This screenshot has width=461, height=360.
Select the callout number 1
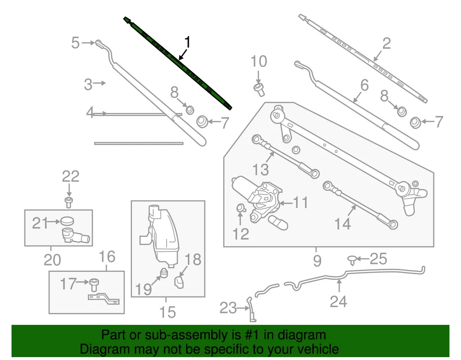pos(187,42)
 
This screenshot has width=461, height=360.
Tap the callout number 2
pos(386,43)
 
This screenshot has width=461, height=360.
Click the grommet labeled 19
pos(163,274)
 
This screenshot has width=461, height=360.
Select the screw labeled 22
pos(69,201)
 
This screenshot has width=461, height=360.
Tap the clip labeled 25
pos(353,260)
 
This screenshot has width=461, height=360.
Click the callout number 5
pos(75,43)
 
